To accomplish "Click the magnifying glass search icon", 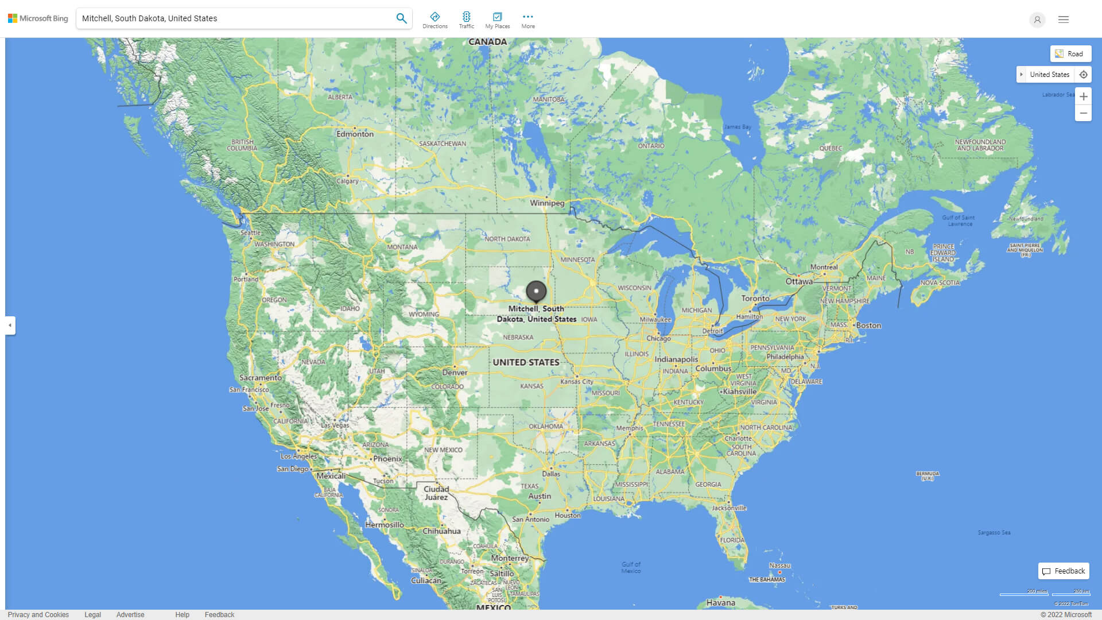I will [401, 18].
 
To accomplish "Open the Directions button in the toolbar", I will [435, 20].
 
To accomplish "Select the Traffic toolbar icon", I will [467, 20].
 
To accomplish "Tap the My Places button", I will [497, 20].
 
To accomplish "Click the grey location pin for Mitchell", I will [536, 291].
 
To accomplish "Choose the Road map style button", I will [1070, 54].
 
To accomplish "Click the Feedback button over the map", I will [1064, 571].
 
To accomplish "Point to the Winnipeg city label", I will [547, 203].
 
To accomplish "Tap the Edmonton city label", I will [355, 134].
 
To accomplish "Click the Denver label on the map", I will [455, 373].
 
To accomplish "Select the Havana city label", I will [720, 603].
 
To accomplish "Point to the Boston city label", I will [868, 325].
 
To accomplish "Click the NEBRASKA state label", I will [518, 338].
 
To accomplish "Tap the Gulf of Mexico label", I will [631, 567].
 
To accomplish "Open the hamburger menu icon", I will [1064, 20].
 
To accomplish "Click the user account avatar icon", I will [1037, 20].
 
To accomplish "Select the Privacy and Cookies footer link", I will [38, 615].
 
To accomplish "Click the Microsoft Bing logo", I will [38, 18].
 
